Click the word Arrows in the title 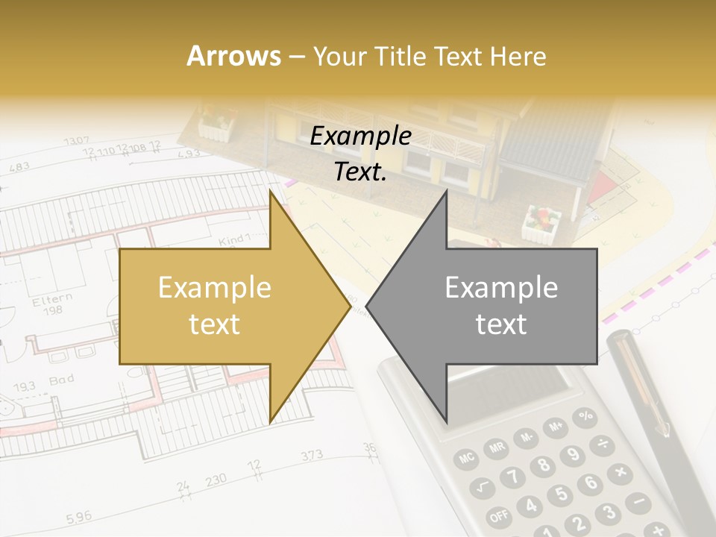[x=234, y=56]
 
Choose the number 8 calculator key [x=543, y=465]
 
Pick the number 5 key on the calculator [x=562, y=494]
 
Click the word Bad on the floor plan [x=61, y=381]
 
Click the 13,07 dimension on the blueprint [x=76, y=140]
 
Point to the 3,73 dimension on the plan [x=312, y=455]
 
